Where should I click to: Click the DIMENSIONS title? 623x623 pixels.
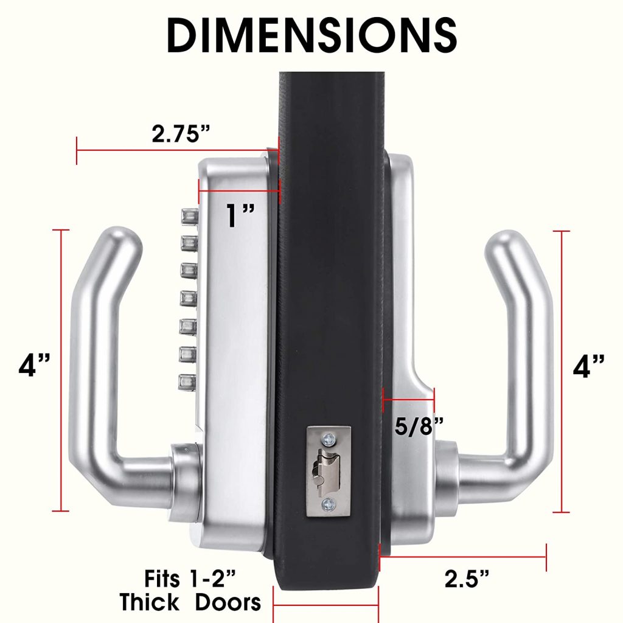pyautogui.click(x=311, y=35)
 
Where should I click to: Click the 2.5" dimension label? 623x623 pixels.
pyautogui.click(x=467, y=579)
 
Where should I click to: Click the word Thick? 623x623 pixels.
pyautogui.click(x=149, y=603)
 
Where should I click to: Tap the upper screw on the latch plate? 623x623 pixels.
pyautogui.click(x=329, y=437)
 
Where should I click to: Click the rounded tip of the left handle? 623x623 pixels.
pyautogui.click(x=124, y=238)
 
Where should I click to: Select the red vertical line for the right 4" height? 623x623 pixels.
pyautogui.click(x=561, y=371)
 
